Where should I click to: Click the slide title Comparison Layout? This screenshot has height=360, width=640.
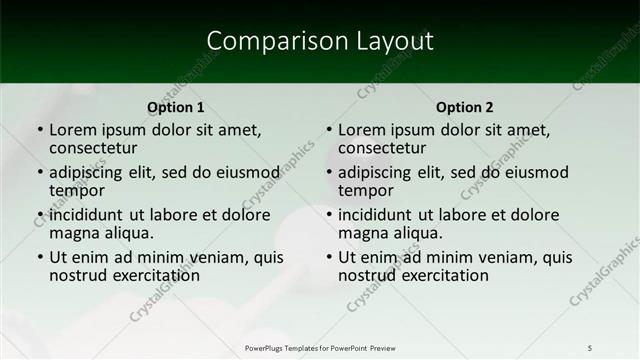coord(320,41)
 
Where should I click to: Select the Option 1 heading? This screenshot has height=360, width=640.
coord(175,107)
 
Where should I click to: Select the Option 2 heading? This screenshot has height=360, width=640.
coord(464,107)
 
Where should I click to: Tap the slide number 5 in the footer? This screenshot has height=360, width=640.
coord(590,347)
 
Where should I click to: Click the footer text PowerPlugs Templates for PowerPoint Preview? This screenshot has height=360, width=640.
coord(320,347)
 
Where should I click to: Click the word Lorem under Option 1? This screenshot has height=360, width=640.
coord(73,130)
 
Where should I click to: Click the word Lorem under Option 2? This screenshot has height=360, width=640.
coord(362,130)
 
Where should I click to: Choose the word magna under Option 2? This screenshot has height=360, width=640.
coord(362,233)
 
